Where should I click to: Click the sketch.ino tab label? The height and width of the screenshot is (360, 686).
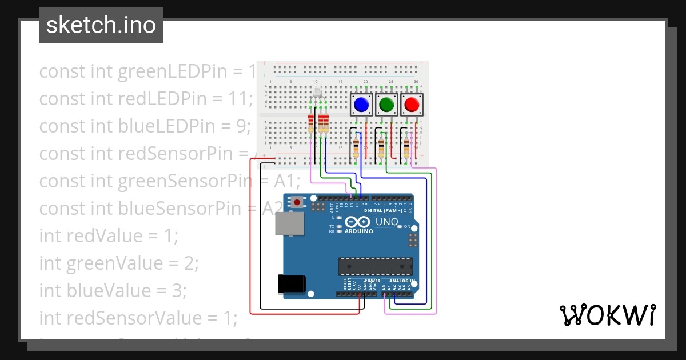(101, 25)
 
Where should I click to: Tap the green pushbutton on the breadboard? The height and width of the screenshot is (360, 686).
(386, 105)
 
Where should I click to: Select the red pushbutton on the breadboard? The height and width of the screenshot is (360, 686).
(412, 105)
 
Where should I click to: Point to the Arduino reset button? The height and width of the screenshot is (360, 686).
(297, 202)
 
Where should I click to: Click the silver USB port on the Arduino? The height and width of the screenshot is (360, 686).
(290, 223)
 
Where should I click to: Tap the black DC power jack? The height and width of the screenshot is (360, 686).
(291, 284)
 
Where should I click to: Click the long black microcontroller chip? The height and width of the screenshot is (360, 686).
(375, 266)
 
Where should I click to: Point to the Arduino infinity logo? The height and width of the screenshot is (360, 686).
(358, 222)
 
